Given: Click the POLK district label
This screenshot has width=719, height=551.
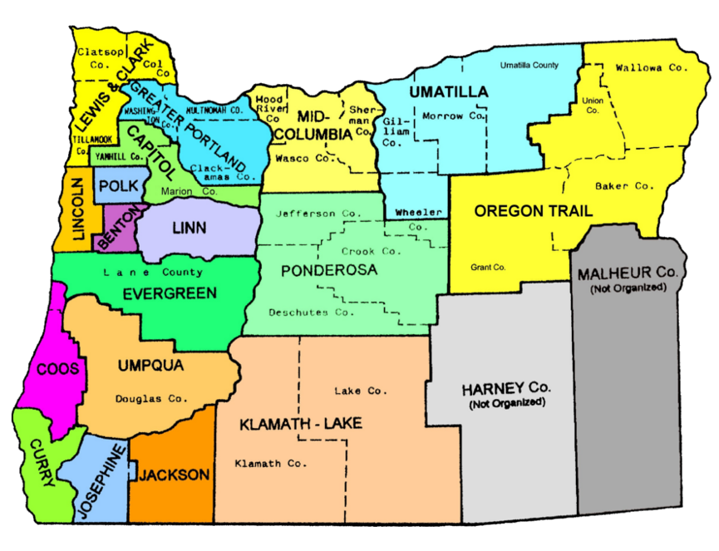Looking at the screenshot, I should (116, 187).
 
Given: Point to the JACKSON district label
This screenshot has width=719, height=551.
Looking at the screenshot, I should (174, 475).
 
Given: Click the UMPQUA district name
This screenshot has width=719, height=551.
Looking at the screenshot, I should (150, 365).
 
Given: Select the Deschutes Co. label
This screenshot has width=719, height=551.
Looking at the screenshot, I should (311, 312).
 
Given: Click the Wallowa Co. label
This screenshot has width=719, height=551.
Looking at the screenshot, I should (652, 67).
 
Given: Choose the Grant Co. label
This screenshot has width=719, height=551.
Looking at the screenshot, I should (488, 267).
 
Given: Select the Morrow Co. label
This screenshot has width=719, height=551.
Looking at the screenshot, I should (453, 116).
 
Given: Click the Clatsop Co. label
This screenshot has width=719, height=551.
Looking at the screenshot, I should (100, 57).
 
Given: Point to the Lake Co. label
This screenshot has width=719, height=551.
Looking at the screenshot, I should (361, 391).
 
